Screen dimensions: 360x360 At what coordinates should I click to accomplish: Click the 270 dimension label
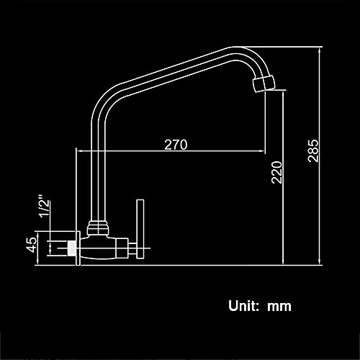click(176, 145)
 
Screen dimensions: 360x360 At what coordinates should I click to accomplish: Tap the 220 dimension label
click(276, 172)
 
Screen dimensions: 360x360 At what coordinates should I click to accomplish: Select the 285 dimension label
click(313, 150)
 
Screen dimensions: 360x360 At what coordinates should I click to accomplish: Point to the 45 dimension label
click(32, 245)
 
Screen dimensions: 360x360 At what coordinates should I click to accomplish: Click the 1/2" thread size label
click(45, 205)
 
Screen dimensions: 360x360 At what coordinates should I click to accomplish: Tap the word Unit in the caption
click(243, 306)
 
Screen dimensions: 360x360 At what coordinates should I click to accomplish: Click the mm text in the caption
click(279, 307)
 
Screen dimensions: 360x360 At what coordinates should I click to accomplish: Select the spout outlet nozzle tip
click(264, 84)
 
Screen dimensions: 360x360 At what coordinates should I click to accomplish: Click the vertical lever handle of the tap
click(140, 229)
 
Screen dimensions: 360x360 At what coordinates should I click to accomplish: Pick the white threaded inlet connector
click(71, 248)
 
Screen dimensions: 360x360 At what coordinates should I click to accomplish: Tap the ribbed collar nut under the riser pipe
click(97, 228)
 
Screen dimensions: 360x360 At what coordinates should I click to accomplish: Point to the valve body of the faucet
click(104, 248)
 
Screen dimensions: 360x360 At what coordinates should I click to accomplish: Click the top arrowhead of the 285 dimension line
click(319, 50)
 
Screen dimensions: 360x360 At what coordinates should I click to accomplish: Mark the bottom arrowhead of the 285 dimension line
click(319, 262)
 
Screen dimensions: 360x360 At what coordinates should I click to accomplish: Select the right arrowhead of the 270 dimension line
click(262, 151)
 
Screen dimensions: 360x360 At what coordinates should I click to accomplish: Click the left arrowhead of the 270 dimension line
click(80, 151)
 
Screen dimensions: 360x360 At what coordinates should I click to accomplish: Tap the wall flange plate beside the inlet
click(78, 248)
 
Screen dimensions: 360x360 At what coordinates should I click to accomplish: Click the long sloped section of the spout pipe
click(173, 68)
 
